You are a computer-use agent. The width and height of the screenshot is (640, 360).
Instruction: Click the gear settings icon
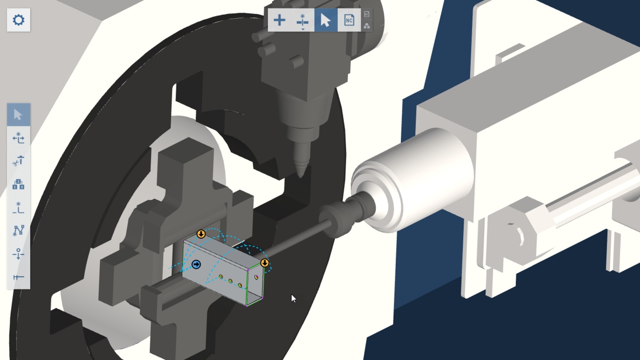18,20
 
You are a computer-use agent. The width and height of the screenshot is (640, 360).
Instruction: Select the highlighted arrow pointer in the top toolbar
325,20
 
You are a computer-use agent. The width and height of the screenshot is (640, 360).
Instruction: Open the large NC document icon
349,20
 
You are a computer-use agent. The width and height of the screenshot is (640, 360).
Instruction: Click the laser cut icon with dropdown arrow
302,20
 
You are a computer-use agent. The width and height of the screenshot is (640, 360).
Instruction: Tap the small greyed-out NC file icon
367,14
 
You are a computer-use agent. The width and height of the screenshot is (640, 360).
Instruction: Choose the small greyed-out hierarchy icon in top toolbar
367,26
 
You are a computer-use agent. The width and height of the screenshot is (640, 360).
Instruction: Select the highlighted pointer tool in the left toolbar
18,115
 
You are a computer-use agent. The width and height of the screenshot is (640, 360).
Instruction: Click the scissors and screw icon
18,161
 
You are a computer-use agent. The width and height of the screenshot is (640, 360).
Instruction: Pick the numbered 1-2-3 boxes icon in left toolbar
18,184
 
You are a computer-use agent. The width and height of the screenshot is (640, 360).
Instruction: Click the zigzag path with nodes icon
18,230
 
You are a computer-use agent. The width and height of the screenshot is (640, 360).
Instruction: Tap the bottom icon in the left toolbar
18,277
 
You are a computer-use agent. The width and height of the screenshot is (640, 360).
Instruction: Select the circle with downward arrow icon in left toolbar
18,254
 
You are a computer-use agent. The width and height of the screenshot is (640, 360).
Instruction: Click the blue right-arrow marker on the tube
196,265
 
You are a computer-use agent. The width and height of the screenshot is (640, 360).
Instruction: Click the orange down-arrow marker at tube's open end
265,263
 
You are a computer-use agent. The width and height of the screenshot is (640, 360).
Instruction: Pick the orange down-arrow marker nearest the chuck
201,234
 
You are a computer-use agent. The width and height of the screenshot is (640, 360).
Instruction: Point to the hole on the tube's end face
256,277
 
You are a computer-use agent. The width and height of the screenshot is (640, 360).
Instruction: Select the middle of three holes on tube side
230,281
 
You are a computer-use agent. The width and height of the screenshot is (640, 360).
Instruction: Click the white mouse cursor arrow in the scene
293,298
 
